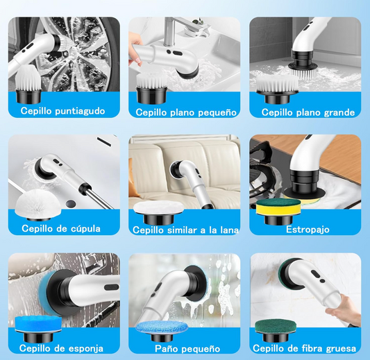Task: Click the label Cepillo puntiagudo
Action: point(62,111)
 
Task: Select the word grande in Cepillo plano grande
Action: point(339,112)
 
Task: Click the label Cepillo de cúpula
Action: point(61,228)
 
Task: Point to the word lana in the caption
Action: point(229,230)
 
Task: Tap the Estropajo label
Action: point(308,229)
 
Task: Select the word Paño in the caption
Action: point(165,348)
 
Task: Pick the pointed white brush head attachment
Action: point(28,85)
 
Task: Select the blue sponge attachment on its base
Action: point(38,328)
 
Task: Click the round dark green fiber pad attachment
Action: point(279,329)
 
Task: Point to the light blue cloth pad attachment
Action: point(162,331)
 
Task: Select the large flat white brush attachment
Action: point(277,89)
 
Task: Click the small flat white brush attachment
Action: point(152,89)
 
